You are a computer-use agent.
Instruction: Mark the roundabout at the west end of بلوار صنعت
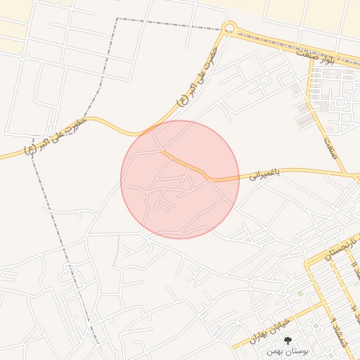(229, 29)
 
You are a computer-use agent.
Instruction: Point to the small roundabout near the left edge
(24, 55)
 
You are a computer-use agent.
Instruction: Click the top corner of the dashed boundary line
(117, 19)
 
